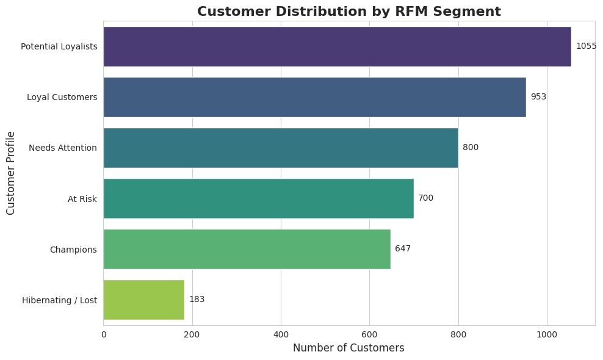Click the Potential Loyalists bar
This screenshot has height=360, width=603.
point(337,46)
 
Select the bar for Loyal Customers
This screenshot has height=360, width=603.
point(314,97)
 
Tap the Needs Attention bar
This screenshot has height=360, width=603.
point(281,148)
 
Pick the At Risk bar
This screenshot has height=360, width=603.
point(258,198)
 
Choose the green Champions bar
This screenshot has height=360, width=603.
point(247,249)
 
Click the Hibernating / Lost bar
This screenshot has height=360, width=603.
point(143,300)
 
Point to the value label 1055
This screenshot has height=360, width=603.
point(586,46)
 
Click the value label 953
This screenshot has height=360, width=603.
point(538,97)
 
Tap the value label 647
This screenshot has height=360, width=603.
point(403,249)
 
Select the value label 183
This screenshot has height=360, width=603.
point(197,300)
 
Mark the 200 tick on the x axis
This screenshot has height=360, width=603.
point(192,334)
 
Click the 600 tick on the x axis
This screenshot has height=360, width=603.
point(369,334)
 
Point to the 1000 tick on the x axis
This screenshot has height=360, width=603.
point(547,334)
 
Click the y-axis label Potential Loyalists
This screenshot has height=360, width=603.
point(59,46)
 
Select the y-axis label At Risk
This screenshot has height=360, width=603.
point(82,198)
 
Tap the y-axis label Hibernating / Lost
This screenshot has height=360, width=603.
point(59,300)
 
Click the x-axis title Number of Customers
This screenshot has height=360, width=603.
point(348,348)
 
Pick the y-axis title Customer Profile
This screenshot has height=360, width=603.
point(10,173)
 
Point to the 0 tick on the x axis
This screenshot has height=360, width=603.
point(104,334)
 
